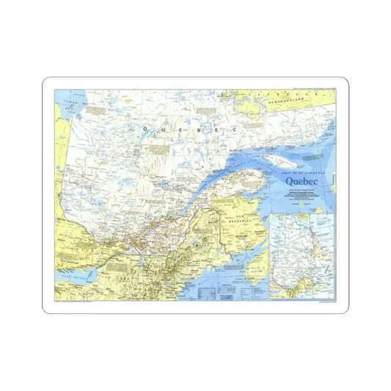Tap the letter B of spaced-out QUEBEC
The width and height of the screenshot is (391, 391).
click(194, 128)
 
